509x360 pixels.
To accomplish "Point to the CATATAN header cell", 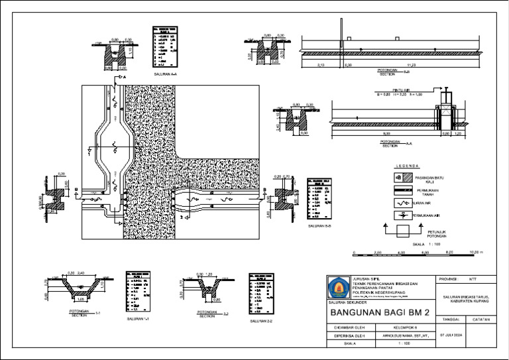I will [482, 320].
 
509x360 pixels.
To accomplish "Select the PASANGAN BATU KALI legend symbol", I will [399, 178].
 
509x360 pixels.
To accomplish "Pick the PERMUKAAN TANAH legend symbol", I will [399, 191].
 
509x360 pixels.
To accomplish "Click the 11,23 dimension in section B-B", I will [411, 65].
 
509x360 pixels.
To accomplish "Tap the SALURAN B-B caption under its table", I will [320, 226].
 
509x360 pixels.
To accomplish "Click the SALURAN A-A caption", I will [164, 75].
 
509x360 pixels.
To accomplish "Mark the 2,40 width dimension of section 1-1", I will [81, 273].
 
